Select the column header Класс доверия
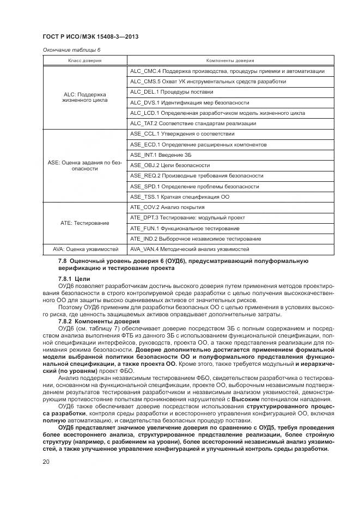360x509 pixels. (85, 60)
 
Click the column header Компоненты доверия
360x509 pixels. (230, 60)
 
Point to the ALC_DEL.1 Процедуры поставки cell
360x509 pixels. (172, 92)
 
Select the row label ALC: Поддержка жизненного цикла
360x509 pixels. (85, 97)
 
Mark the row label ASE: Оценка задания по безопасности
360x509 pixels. (85, 165)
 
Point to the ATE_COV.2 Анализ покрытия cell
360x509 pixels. (167, 207)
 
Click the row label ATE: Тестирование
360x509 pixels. (85, 223)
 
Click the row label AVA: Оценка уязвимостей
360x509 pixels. (85, 249)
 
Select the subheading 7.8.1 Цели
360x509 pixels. (70, 278)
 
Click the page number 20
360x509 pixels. (46, 462)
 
